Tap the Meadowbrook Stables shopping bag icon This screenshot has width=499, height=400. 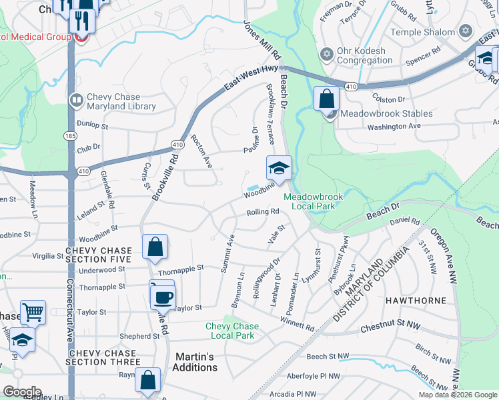tap(326, 99)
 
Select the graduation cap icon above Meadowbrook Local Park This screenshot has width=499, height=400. tap(280, 167)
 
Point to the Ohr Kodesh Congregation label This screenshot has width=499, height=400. tap(364, 55)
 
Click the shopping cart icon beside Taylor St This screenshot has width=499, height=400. tap(32, 311)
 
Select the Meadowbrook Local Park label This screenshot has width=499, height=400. tap(308, 201)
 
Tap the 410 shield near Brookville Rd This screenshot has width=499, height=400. tap(177, 144)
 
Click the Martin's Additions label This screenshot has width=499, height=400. tap(195, 361)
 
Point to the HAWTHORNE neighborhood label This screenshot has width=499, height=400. tap(416, 301)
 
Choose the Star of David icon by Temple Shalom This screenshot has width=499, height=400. tap(465, 31)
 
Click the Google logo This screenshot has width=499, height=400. tap(22, 391)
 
